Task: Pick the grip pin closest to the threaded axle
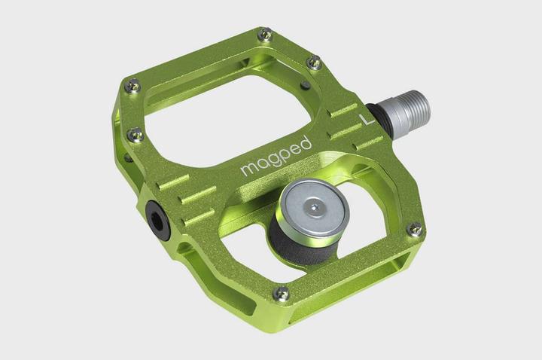315,63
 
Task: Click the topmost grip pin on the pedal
264,34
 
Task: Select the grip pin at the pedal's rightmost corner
414,229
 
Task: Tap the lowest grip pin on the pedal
281,292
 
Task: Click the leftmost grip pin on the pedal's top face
133,86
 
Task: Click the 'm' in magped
248,169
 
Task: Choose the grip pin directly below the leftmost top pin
136,135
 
